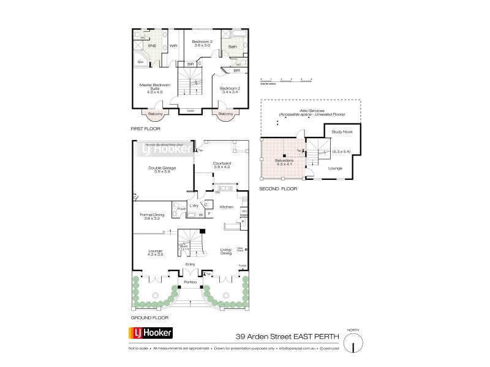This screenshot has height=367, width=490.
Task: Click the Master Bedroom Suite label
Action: (153, 87)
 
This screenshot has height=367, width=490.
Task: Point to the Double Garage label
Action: (163, 169)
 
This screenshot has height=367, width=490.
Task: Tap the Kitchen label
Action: (227, 207)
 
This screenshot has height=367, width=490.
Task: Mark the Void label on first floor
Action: (190, 111)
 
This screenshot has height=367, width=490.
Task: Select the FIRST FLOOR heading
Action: (145, 130)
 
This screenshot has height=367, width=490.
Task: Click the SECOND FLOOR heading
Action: (278, 189)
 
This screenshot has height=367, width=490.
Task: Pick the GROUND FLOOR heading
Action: (149, 318)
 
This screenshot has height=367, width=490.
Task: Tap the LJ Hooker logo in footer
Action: (150, 333)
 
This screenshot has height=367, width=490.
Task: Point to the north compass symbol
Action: (352, 344)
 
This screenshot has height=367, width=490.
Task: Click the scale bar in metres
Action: (286, 80)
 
